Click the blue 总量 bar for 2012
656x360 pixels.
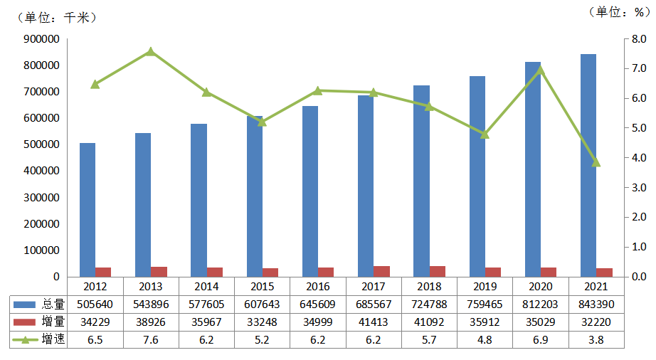88,210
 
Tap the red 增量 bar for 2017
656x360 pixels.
382,271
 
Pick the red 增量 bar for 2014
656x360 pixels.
215,272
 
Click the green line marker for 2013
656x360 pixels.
151,51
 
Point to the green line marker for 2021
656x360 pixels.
596,162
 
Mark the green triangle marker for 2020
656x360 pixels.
541,69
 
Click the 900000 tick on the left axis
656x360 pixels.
42,39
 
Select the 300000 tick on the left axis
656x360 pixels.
42,198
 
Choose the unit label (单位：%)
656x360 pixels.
615,11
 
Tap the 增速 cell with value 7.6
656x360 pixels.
151,339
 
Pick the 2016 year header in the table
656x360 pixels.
318,286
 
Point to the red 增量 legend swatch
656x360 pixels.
26,322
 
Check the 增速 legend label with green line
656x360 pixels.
53,339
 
